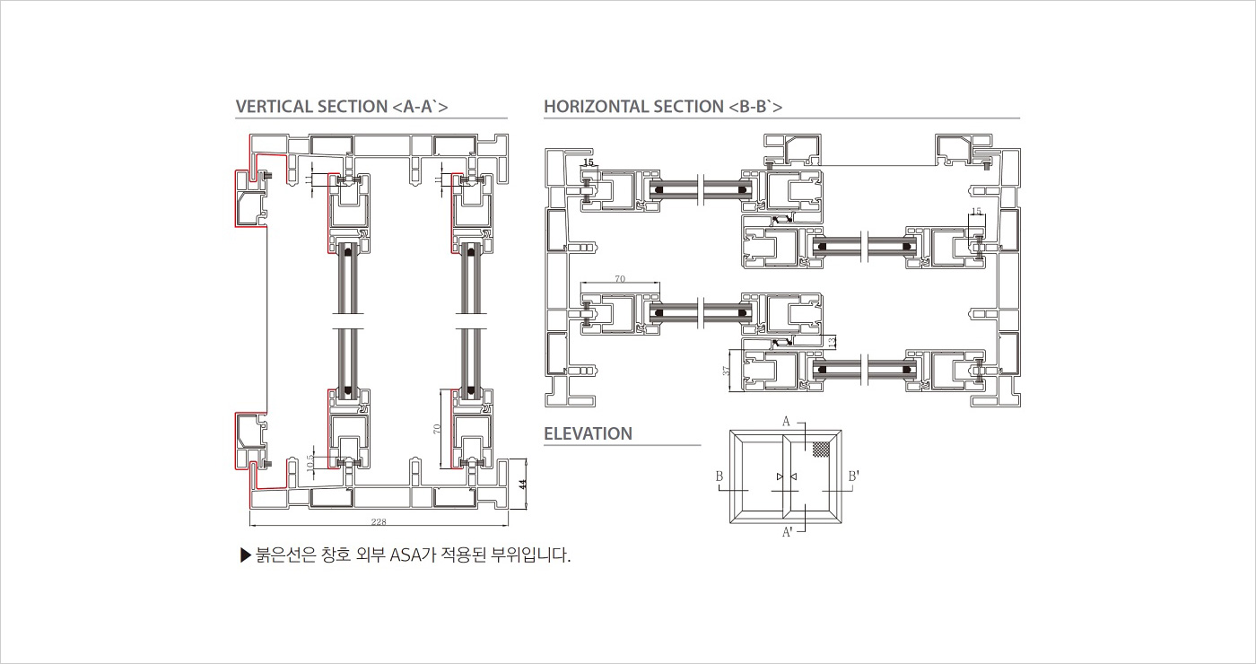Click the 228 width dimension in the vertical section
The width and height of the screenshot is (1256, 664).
(x=379, y=521)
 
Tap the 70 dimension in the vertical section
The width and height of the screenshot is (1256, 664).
(x=437, y=429)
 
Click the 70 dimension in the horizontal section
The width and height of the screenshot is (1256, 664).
(x=620, y=279)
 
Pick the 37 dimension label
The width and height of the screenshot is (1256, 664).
(x=728, y=370)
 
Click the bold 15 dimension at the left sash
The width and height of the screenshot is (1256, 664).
(x=589, y=162)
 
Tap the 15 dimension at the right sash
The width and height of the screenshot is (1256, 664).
(x=977, y=211)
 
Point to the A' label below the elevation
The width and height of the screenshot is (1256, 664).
(x=787, y=533)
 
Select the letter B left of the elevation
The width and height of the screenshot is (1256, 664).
(x=720, y=476)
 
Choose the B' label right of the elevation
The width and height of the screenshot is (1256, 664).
(x=854, y=476)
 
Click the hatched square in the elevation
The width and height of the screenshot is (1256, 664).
(x=820, y=450)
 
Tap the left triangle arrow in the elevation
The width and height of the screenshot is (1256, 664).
(x=780, y=476)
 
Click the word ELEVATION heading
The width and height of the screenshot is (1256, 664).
(x=588, y=433)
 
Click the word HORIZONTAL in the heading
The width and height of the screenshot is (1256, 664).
(x=597, y=107)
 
